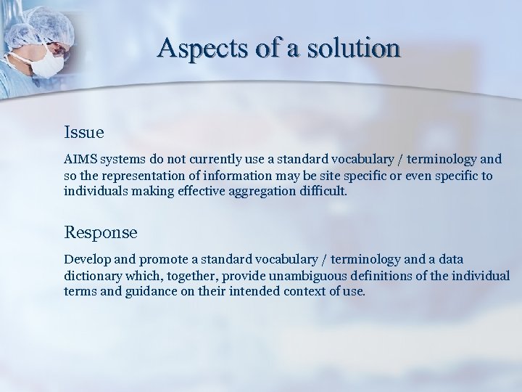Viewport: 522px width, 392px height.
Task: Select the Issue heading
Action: (84, 133)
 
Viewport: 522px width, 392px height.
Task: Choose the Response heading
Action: (101, 232)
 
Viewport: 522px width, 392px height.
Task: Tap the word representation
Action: (141, 176)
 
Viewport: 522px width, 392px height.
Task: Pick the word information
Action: (257, 176)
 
